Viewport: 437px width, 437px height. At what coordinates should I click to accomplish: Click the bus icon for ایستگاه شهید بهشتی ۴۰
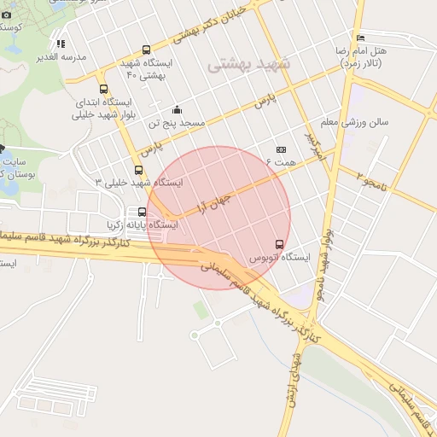146,50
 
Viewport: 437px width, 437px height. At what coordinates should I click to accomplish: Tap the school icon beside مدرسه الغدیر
61,44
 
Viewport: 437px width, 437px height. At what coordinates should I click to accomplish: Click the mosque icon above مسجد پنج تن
177,109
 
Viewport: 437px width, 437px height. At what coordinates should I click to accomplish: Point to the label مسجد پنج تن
178,123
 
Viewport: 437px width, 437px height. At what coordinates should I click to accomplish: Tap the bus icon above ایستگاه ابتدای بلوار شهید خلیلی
103,88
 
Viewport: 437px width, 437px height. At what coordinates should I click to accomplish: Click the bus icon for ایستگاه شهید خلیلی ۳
138,170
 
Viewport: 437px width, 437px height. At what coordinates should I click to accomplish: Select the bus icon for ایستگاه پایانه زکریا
142,212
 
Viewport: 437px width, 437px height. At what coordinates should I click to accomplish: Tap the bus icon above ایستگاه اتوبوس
279,243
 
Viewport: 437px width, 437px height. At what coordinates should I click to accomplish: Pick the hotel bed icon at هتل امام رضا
360,38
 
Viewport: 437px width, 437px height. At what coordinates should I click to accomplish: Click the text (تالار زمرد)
362,63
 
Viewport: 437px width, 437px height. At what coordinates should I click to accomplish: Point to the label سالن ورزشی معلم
353,121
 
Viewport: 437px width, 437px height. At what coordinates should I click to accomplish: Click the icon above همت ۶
281,149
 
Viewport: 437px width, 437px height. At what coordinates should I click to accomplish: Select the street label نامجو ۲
372,179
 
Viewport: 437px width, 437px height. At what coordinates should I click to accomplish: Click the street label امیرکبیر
316,144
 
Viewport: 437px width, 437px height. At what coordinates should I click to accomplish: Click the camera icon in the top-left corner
7,15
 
